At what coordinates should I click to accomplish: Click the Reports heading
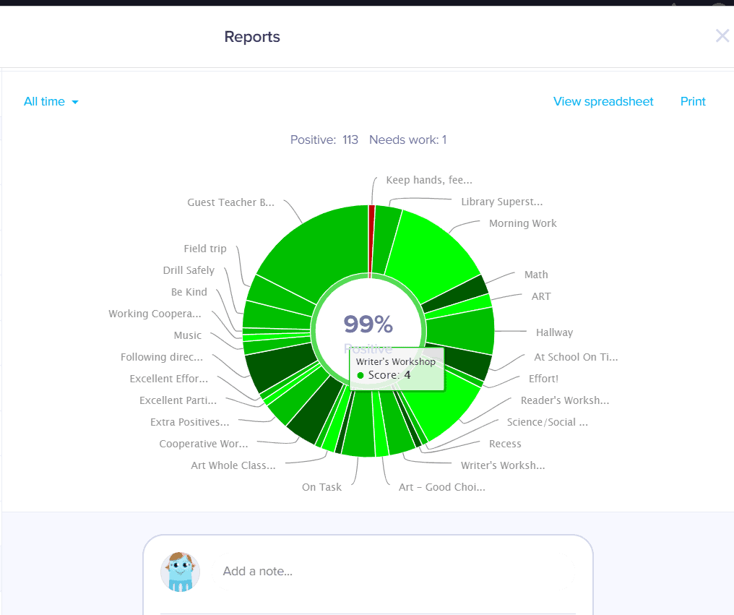(252, 37)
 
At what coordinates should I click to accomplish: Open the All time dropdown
(51, 102)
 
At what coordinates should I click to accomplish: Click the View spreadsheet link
(603, 102)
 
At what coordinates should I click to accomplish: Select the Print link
(693, 102)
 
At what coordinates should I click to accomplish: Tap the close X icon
(722, 36)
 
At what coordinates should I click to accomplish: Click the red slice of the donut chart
(371, 238)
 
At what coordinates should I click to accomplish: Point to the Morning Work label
(523, 224)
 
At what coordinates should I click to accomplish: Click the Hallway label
(554, 333)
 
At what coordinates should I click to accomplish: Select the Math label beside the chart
(536, 275)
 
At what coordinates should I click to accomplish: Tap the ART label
(541, 296)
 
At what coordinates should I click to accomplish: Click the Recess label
(505, 444)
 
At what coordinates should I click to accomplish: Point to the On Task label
(321, 487)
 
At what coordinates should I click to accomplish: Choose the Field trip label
(205, 249)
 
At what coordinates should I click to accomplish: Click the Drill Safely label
(189, 270)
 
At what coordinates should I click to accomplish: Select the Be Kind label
(189, 292)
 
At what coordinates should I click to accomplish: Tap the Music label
(188, 335)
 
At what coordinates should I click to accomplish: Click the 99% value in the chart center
(368, 324)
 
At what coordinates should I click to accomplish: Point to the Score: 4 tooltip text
(389, 375)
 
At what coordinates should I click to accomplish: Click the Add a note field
(258, 572)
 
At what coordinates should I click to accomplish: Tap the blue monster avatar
(180, 572)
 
